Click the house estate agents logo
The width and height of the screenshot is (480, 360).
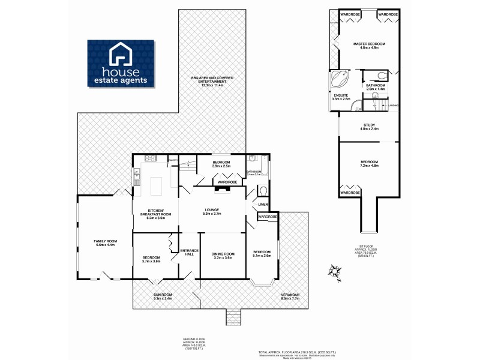[122, 63]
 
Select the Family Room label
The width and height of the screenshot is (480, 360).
[105, 243]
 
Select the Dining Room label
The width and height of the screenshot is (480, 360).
[223, 256]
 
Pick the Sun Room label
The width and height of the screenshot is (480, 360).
[163, 296]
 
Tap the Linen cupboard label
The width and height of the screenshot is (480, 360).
[263, 205]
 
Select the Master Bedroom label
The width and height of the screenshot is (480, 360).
[369, 46]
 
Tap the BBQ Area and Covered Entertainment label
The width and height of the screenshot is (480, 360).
[207, 83]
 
